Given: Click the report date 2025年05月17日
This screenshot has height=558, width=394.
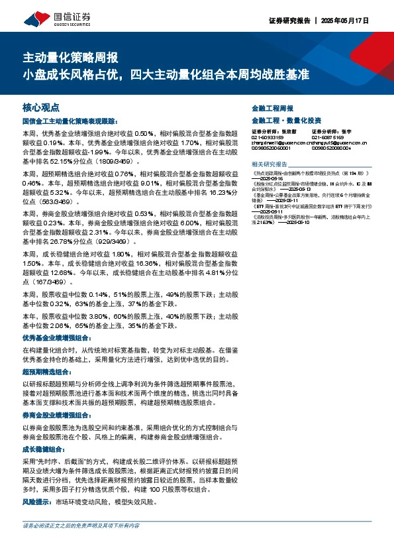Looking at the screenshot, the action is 358,20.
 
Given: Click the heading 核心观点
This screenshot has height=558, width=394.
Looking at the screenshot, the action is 41,106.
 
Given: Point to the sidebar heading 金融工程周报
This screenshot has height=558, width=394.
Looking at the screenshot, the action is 272,107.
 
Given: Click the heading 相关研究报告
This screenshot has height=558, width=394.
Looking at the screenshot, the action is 270,164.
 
